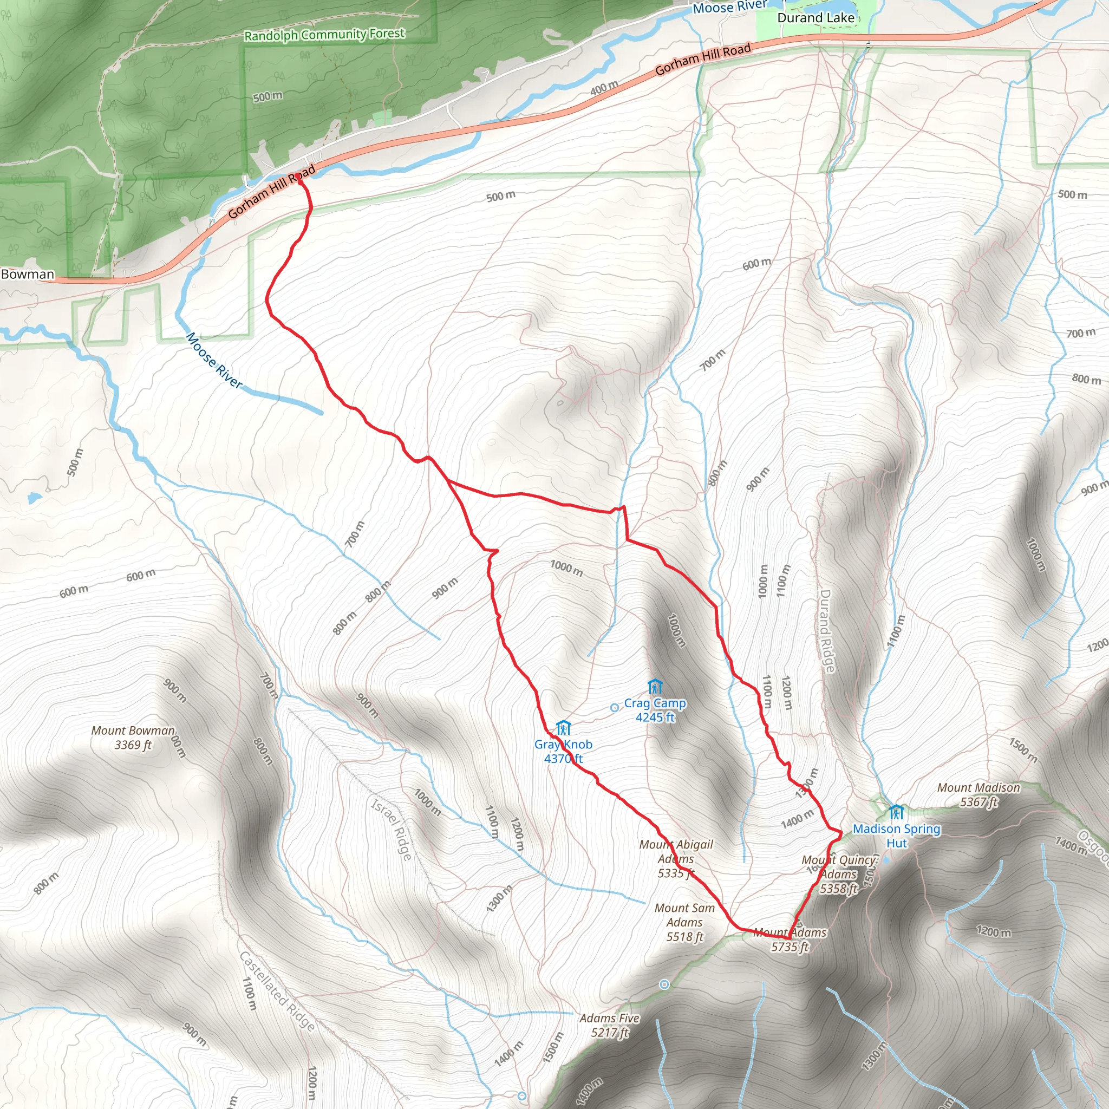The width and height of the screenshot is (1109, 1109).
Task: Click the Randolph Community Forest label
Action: (324, 35)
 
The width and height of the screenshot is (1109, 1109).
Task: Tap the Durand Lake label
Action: (815, 18)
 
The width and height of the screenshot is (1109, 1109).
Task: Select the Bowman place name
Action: (28, 275)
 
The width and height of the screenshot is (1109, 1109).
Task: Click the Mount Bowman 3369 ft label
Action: (133, 738)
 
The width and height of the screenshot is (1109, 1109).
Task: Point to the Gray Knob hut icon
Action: (563, 727)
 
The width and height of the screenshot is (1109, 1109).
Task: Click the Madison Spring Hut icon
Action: (896, 812)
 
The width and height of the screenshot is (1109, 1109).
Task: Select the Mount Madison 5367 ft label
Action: (978, 794)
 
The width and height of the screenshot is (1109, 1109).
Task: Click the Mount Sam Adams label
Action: (684, 922)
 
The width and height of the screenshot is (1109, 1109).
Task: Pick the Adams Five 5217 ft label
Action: (609, 1025)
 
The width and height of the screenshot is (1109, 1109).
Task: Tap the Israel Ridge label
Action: (392, 830)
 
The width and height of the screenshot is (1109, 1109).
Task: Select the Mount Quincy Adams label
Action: (839, 874)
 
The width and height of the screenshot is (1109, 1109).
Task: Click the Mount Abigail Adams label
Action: (676, 859)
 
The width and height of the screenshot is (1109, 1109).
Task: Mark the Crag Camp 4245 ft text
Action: (655, 710)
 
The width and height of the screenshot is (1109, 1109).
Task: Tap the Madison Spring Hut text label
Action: (896, 836)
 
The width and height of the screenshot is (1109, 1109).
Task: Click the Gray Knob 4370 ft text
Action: (563, 752)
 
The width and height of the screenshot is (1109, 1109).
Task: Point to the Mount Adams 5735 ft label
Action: (790, 940)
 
